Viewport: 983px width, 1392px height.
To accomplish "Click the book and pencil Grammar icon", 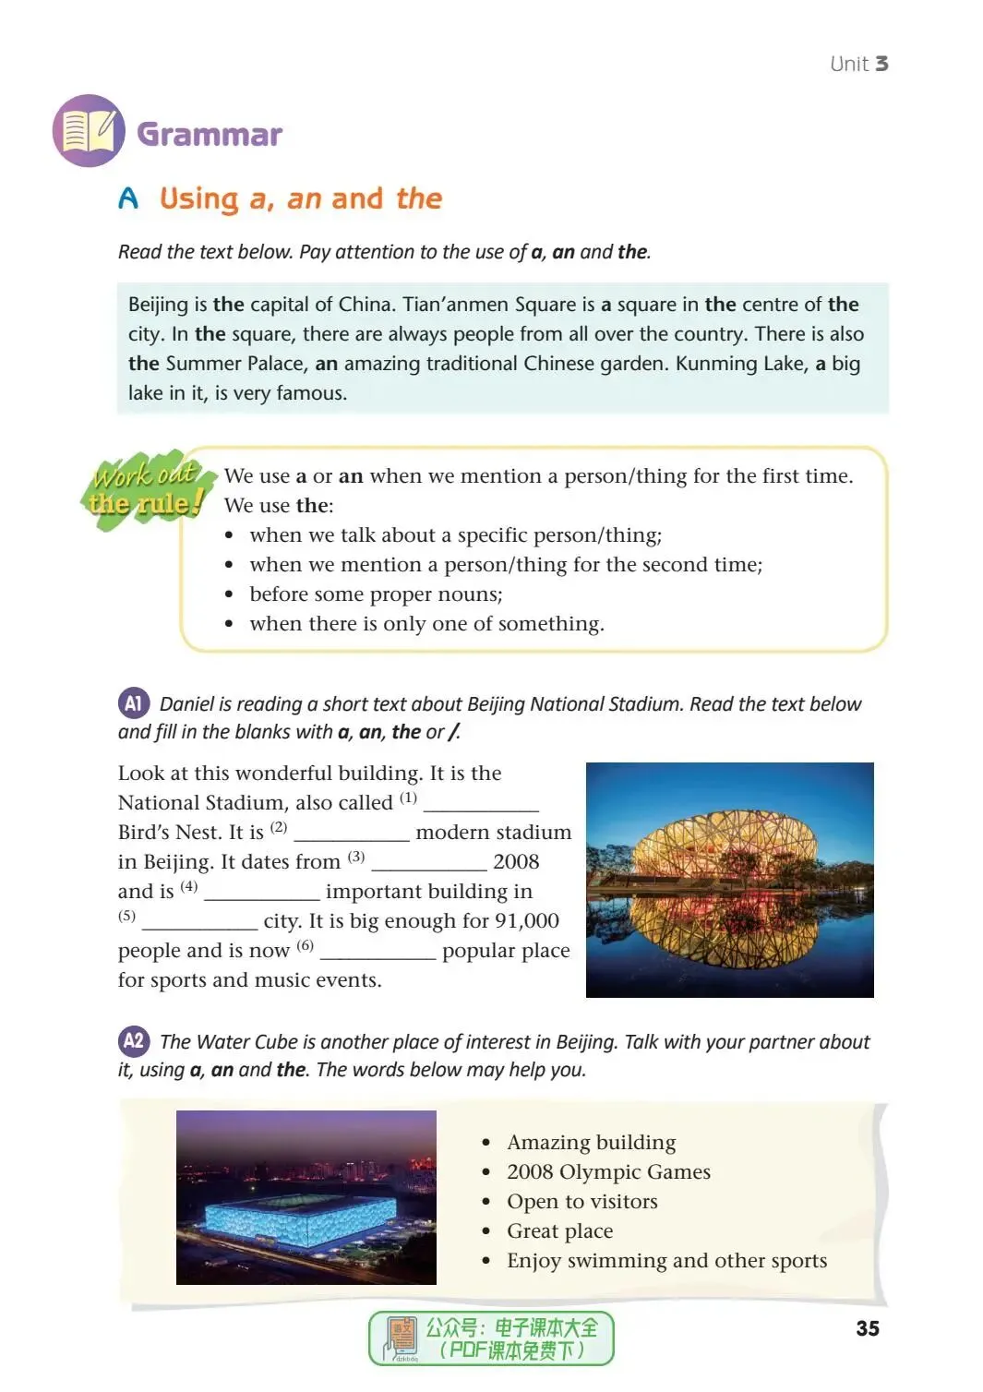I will tap(89, 131).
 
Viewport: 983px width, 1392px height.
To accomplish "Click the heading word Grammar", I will tap(210, 135).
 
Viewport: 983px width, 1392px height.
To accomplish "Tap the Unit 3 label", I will tap(858, 64).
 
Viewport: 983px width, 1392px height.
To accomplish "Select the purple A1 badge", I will tap(134, 703).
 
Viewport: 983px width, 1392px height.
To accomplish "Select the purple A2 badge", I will tap(134, 1041).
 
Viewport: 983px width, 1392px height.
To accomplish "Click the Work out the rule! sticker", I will tap(146, 489).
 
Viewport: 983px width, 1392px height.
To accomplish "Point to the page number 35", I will tap(867, 1328).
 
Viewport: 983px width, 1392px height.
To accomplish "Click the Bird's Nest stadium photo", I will tap(729, 879).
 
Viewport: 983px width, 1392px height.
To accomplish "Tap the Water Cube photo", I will tap(306, 1196).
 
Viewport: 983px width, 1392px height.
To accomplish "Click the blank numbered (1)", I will tap(480, 805).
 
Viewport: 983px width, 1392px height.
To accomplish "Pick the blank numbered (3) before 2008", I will tap(428, 864).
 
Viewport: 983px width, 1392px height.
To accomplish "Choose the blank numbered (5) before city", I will tap(199, 923).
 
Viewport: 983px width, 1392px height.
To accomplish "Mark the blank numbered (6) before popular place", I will tap(378, 953).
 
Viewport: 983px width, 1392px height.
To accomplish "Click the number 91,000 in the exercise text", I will tap(527, 921).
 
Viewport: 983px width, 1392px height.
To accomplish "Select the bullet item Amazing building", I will tap(591, 1143).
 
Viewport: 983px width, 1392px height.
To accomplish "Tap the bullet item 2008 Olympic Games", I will tap(608, 1172).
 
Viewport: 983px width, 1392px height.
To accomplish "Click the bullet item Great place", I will tap(559, 1231).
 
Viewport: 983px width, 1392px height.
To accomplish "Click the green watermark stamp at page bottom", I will tap(491, 1338).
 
